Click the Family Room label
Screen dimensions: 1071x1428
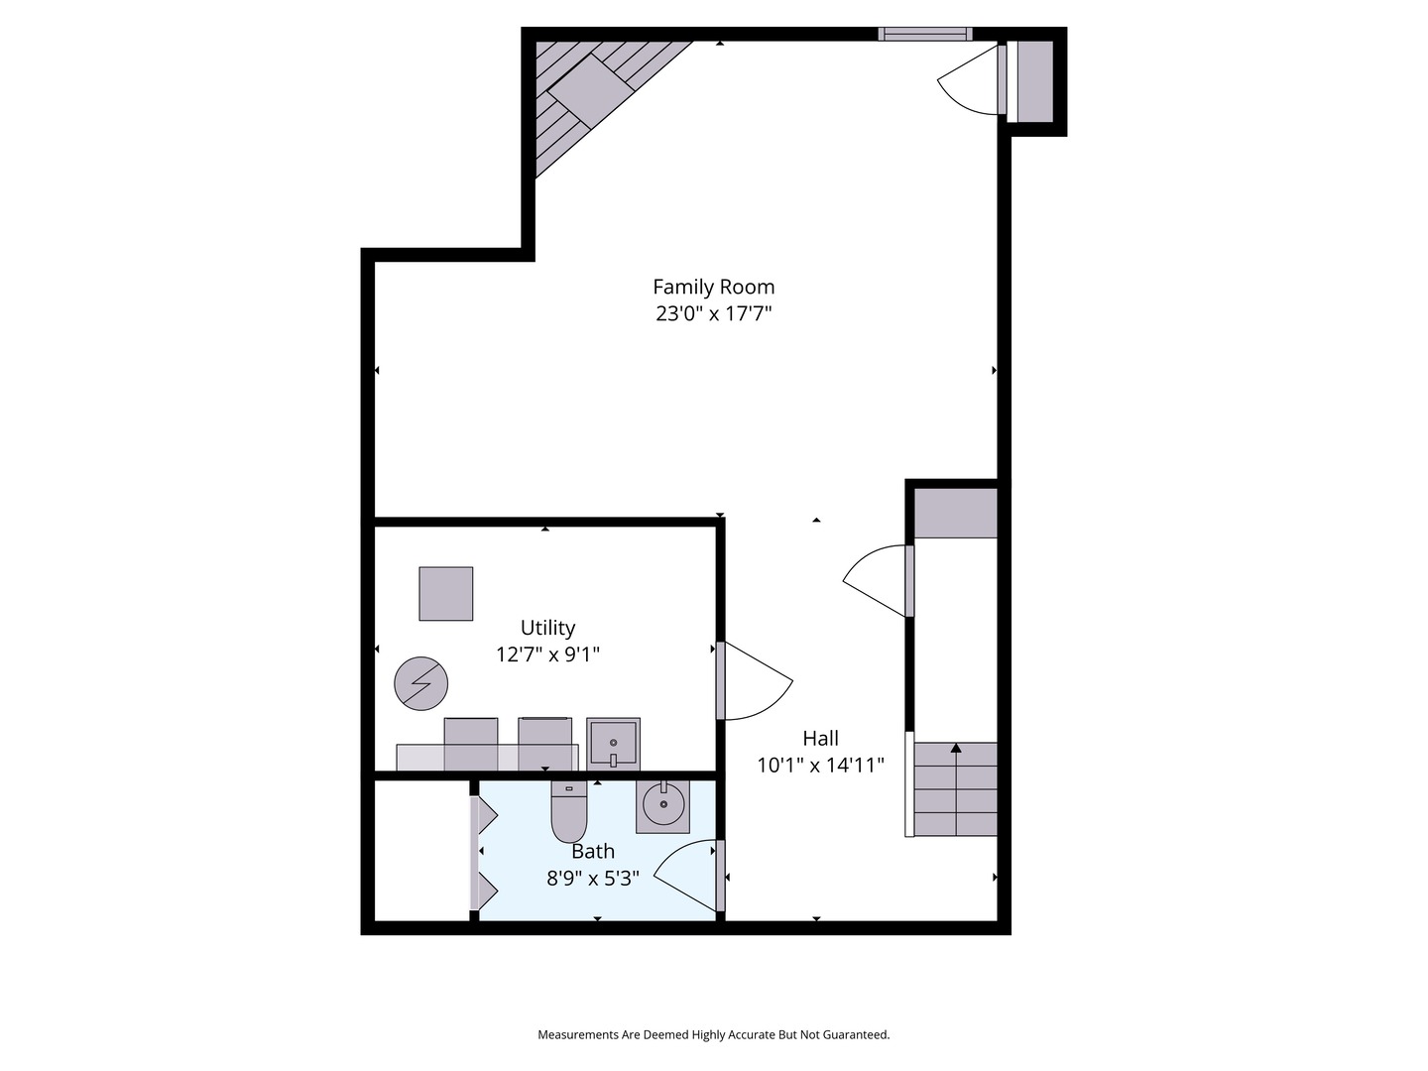(713, 287)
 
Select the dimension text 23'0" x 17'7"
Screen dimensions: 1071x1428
(713, 314)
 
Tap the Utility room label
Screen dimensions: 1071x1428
(547, 628)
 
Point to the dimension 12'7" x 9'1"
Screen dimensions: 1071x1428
(547, 654)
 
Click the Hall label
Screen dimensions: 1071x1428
(820, 738)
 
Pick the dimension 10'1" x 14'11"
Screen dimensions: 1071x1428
(820, 766)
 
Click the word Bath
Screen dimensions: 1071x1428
(593, 851)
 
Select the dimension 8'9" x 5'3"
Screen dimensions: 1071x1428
(593, 879)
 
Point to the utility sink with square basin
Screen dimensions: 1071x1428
(613, 744)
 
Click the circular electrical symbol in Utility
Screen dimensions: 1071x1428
(421, 684)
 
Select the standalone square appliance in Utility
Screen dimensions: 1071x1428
(445, 594)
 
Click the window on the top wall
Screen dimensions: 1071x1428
(924, 35)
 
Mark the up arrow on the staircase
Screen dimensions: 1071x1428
(956, 750)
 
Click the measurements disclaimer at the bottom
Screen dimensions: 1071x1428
(713, 1034)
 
